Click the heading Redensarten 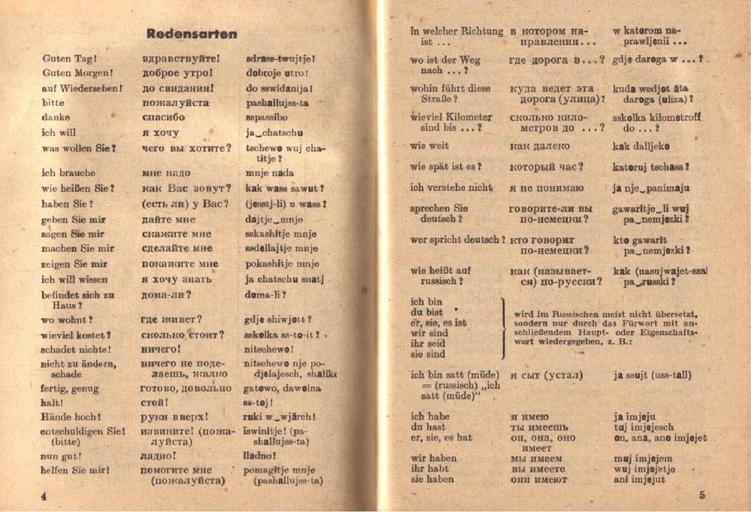tap(192, 34)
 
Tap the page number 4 tap(44, 496)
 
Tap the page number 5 tap(701, 495)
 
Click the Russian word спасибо tap(163, 117)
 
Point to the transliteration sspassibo tap(267, 117)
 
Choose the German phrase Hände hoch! tap(71, 417)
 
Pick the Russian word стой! tap(154, 402)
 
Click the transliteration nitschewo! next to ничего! tap(268, 350)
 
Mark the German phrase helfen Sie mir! tap(76, 471)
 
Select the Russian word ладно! tap(158, 456)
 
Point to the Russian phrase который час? tap(546, 167)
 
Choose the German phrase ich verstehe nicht tap(451, 187)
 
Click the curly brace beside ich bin tap(502, 328)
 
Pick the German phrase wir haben tap(433, 458)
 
